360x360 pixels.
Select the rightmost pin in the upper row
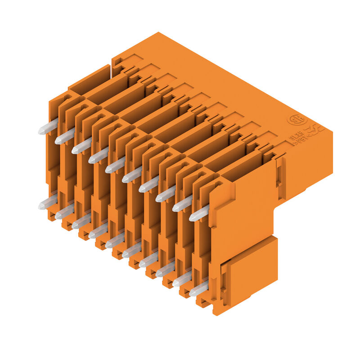pyautogui.click(x=198, y=213)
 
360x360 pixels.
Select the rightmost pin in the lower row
pyautogui.click(x=198, y=288)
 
